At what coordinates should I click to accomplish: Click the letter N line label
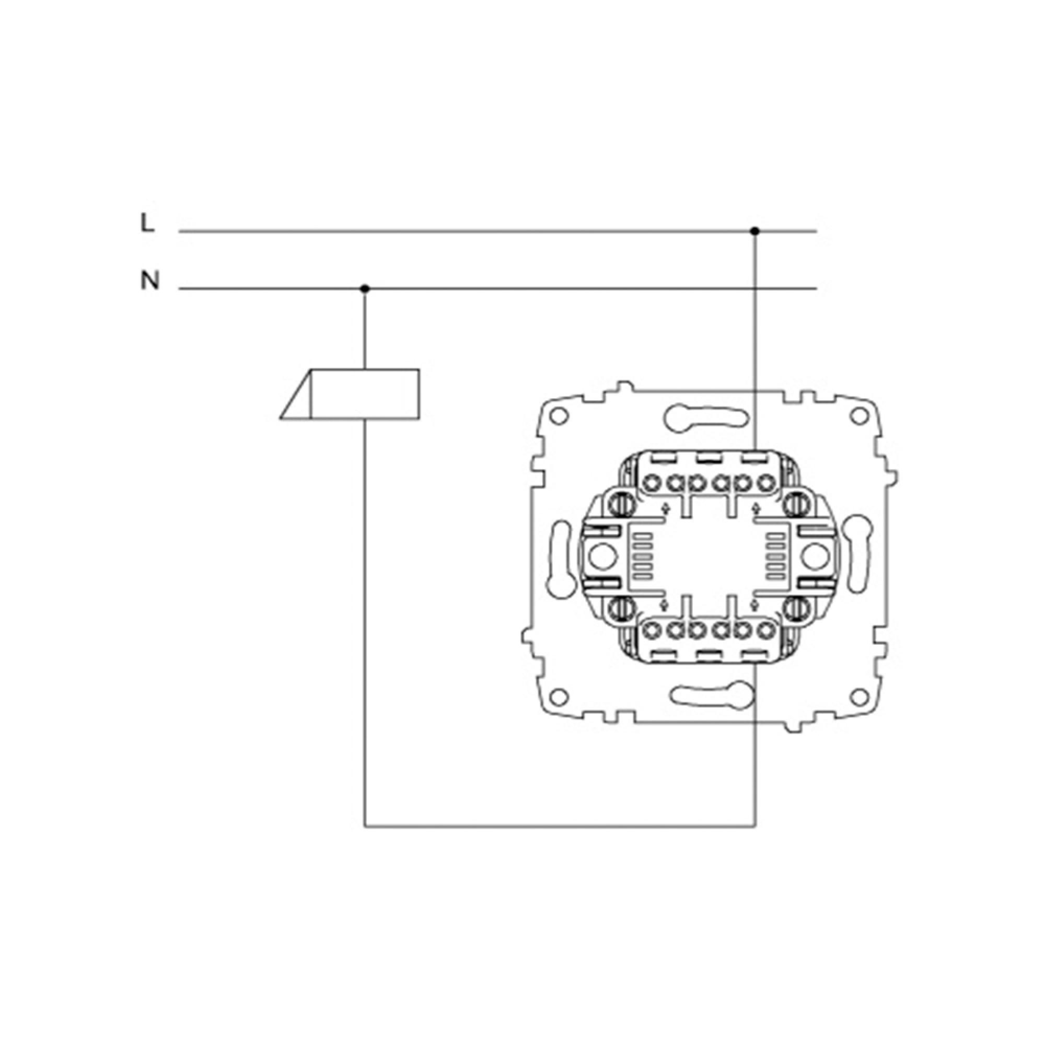pyautogui.click(x=150, y=280)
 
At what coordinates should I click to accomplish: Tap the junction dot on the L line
pyautogui.click(x=754, y=231)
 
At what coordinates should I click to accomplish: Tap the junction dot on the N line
pyautogui.click(x=365, y=289)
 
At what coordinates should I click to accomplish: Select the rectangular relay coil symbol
pyautogui.click(x=350, y=394)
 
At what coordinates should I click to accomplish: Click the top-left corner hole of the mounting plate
pyautogui.click(x=559, y=416)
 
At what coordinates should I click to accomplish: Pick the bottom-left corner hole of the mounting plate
pyautogui.click(x=559, y=695)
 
